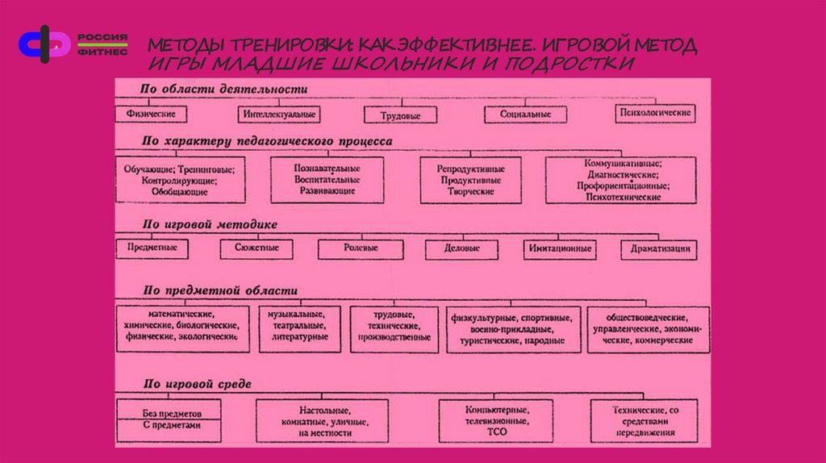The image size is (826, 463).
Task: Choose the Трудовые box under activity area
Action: click(x=400, y=115)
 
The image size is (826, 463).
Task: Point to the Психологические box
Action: click(x=654, y=113)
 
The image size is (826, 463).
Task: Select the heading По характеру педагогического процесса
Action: click(x=267, y=140)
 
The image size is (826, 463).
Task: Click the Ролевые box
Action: click(x=360, y=248)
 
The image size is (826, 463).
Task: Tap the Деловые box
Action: click(x=462, y=248)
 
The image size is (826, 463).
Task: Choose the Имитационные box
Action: click(x=561, y=248)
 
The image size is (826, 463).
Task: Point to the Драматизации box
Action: click(x=657, y=249)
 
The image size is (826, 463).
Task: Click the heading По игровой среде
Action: click(x=197, y=384)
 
